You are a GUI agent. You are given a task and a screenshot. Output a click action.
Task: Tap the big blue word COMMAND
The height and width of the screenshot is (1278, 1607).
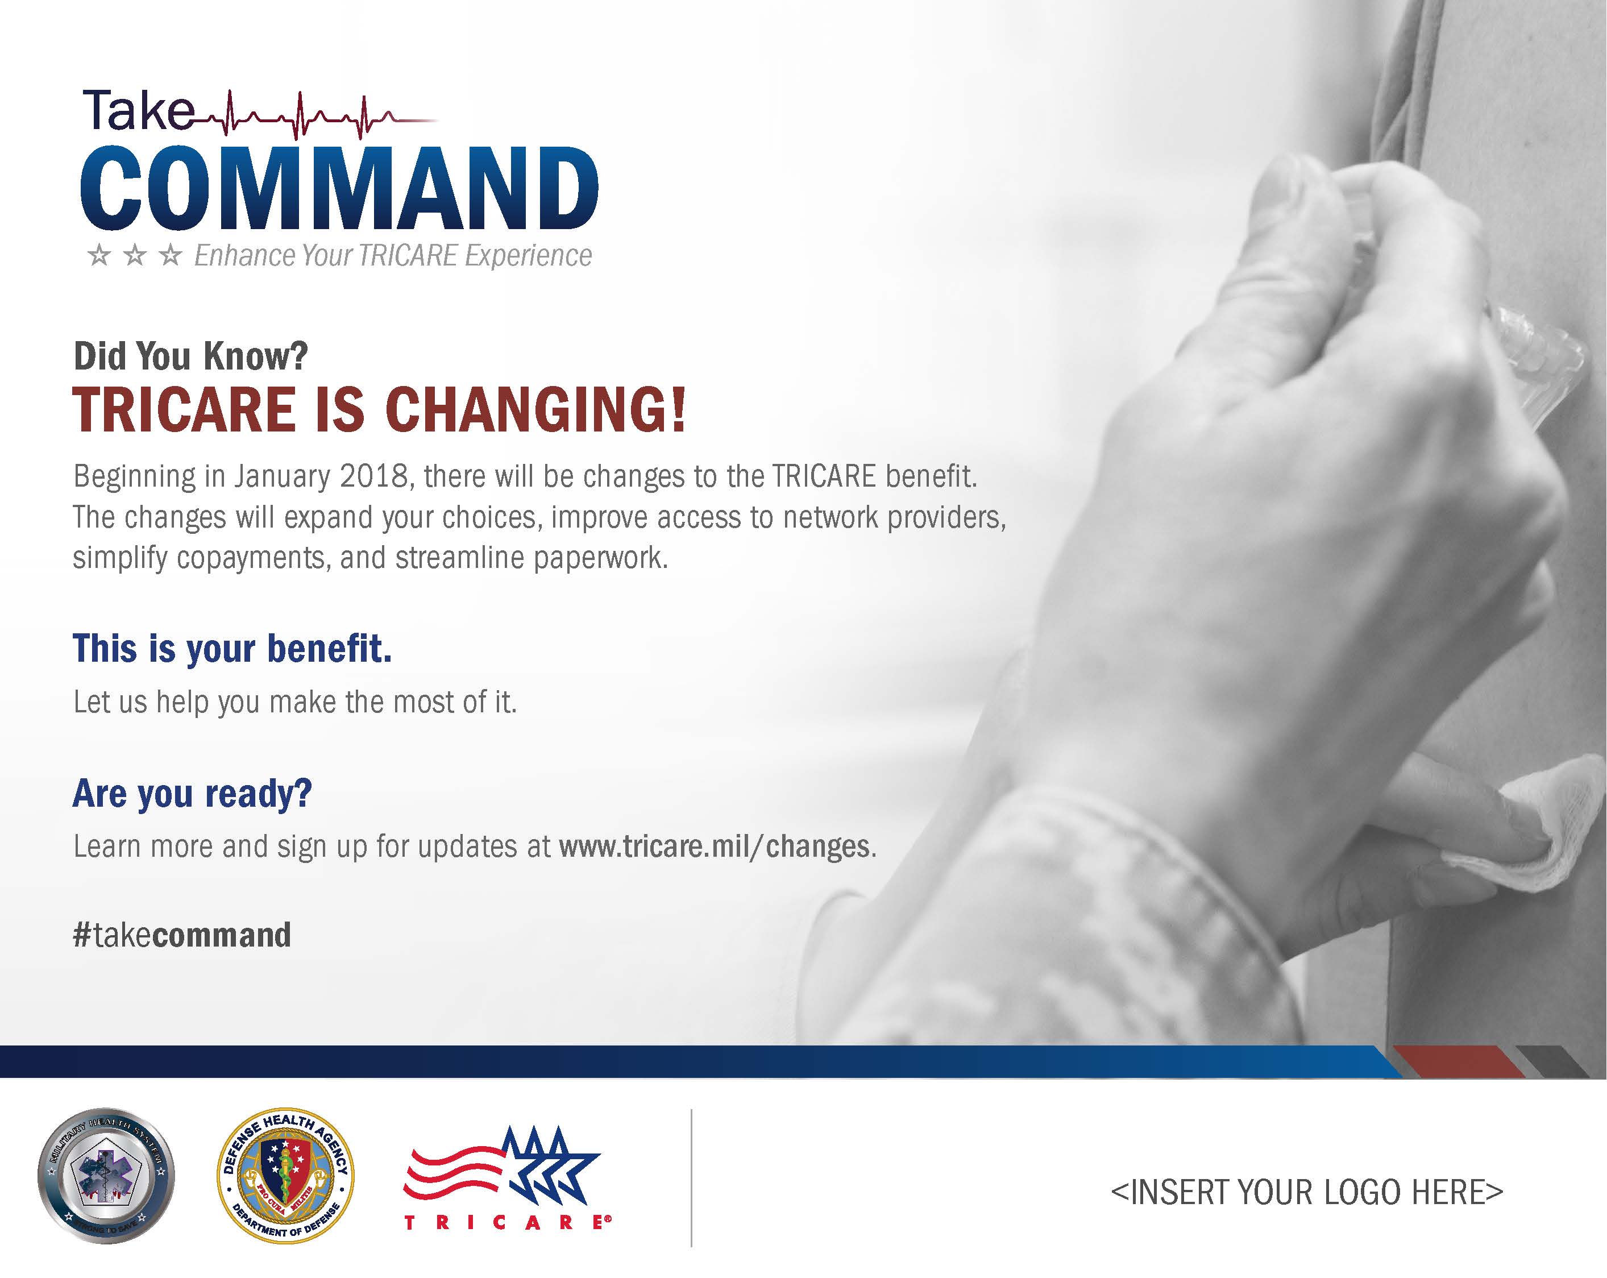pyautogui.click(x=339, y=189)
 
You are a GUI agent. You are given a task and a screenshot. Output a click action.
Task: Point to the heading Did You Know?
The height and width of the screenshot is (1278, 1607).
pyautogui.click(x=190, y=356)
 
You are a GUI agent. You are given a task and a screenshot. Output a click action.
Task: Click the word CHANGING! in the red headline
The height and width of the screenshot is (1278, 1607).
pyautogui.click(x=534, y=409)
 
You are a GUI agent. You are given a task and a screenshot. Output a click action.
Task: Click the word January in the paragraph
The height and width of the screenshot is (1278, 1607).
pyautogui.click(x=282, y=476)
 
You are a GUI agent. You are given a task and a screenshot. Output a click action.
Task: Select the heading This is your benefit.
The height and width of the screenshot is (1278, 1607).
pyautogui.click(x=232, y=648)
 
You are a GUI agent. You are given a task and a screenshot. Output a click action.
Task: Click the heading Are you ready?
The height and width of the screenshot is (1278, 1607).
pyautogui.click(x=192, y=792)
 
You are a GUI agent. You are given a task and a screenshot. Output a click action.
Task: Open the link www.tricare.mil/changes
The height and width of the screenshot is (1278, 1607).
pyautogui.click(x=714, y=847)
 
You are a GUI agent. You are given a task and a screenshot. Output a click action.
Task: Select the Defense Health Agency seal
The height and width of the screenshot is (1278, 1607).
pyautogui.click(x=285, y=1176)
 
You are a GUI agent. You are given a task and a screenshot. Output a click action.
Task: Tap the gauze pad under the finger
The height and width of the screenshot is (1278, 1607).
pyautogui.click(x=1543, y=835)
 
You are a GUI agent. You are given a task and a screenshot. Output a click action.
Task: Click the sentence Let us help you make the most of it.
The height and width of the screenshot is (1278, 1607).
pyautogui.click(x=294, y=702)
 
